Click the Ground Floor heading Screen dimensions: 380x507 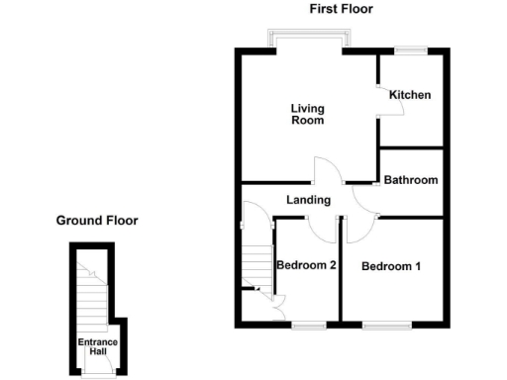97,221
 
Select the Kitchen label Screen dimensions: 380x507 410,95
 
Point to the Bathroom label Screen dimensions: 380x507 411,180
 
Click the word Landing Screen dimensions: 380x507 308,200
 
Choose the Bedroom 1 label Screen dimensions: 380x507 391,266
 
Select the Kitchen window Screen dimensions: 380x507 410,49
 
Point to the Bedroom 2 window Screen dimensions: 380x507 309,324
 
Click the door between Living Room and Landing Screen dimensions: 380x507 327,170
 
